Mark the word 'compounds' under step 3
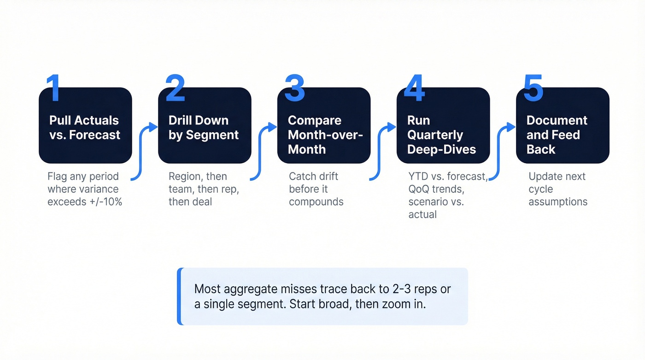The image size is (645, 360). [x=316, y=201]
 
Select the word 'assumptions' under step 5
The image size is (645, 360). [x=558, y=201]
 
